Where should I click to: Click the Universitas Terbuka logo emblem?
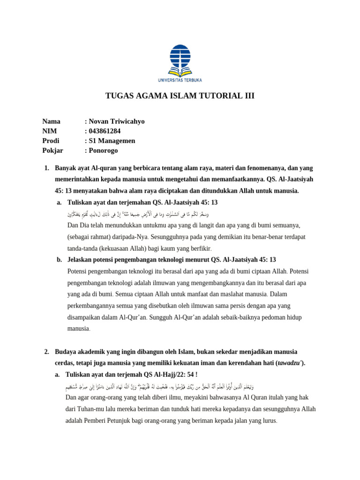point(180,60)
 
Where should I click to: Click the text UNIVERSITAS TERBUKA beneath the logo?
point(180,80)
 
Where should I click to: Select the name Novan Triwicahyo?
point(116,121)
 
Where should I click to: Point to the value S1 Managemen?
point(112,141)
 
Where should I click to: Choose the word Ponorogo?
point(104,150)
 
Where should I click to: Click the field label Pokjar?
point(52,150)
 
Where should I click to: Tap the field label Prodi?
point(51,141)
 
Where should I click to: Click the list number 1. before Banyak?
point(46,168)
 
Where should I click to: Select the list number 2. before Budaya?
point(46,352)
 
